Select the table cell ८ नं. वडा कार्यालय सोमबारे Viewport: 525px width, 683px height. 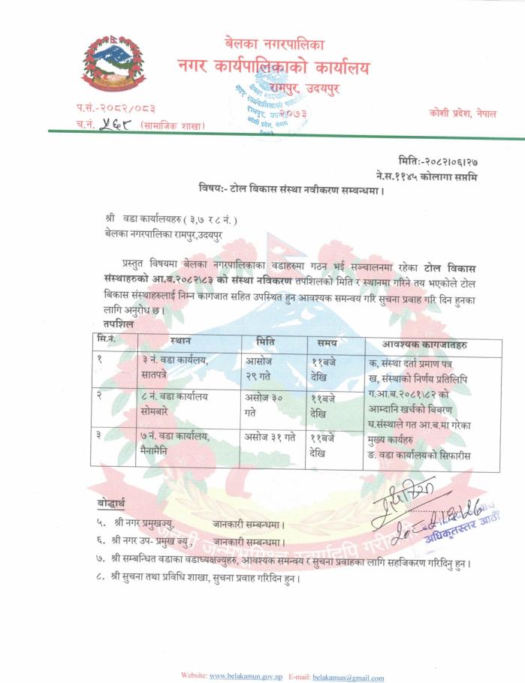pos(175,403)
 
